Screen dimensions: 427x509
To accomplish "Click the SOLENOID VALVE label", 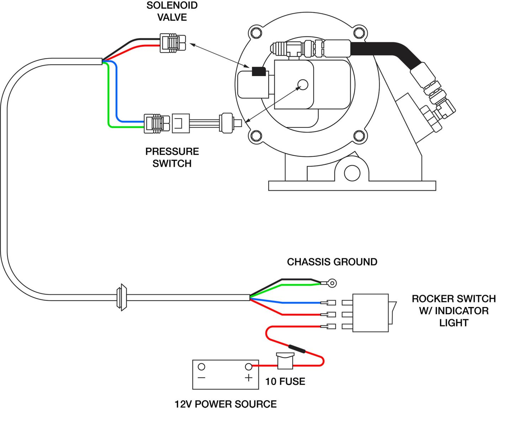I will pyautogui.click(x=172, y=11).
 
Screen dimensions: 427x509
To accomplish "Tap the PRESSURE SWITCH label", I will pyautogui.click(x=172, y=157).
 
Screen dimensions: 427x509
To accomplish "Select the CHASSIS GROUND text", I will pyautogui.click(x=332, y=262).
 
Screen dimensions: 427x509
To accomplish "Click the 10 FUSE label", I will pyautogui.click(x=285, y=381).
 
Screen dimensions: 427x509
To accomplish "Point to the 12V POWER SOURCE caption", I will pyautogui.click(x=226, y=404).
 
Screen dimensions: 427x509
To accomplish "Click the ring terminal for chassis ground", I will pyautogui.click(x=332, y=283).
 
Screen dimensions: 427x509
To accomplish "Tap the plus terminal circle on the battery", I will pyautogui.click(x=249, y=367).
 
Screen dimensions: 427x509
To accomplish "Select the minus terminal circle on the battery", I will pyautogui.click(x=201, y=367).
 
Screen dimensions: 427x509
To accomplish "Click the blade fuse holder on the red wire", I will pyautogui.click(x=285, y=361).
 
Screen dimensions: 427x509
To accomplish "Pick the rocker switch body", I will pyautogui.click(x=370, y=313).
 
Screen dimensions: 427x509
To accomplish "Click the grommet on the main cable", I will pyautogui.click(x=121, y=297).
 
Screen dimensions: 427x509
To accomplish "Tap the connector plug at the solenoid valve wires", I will pyautogui.click(x=172, y=43).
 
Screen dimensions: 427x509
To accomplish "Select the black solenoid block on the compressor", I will pyautogui.click(x=259, y=71).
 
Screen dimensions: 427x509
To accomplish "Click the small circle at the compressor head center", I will pyautogui.click(x=303, y=84).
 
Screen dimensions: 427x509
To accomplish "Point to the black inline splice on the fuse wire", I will pyautogui.click(x=297, y=348).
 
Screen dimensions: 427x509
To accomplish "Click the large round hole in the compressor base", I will pyautogui.click(x=352, y=173).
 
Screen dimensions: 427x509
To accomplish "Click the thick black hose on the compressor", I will pyautogui.click(x=384, y=50).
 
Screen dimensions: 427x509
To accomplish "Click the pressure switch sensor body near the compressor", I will pyautogui.click(x=227, y=123).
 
